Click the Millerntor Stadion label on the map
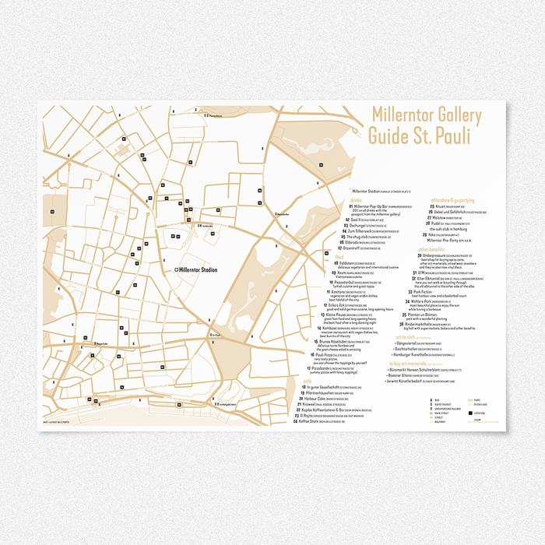click(x=198, y=269)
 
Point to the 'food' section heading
click(x=339, y=256)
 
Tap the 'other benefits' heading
click(x=434, y=250)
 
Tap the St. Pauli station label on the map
click(x=216, y=337)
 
